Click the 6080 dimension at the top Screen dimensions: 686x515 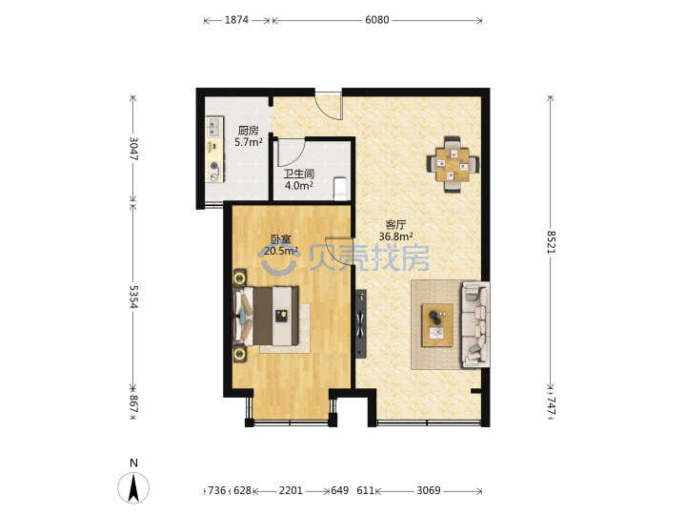376,20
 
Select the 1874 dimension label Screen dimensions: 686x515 236,20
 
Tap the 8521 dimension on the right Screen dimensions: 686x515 551,242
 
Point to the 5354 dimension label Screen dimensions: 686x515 133,297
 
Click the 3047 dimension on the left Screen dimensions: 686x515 133,149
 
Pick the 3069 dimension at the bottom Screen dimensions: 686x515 429,490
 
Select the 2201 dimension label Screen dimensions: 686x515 291,490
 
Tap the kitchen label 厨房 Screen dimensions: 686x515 249,130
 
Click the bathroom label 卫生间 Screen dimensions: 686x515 299,174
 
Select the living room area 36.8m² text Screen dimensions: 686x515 396,237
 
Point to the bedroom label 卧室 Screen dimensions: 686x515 281,239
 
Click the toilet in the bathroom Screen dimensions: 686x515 340,189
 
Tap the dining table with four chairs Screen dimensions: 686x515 453,165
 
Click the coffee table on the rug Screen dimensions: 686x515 436,325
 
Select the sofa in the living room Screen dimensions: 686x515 475,324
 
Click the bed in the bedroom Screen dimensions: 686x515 267,316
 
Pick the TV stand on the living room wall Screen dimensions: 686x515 361,323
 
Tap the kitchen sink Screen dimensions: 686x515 214,127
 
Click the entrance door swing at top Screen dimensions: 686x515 329,106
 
